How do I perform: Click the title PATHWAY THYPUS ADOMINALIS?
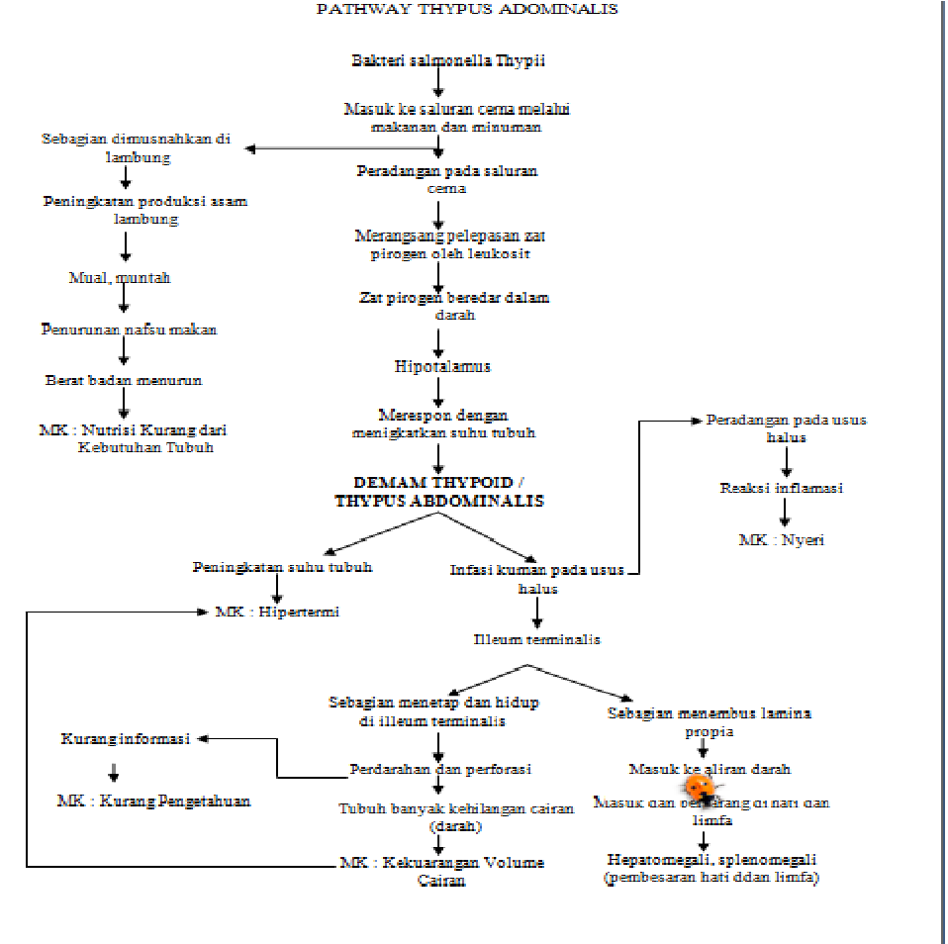pyautogui.click(x=466, y=9)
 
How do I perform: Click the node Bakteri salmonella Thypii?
pyautogui.click(x=448, y=61)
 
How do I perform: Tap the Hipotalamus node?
pyautogui.click(x=441, y=366)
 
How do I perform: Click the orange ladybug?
pyautogui.click(x=700, y=788)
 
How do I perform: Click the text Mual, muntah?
pyautogui.click(x=120, y=278)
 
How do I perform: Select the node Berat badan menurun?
pyautogui.click(x=123, y=380)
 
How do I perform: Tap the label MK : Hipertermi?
pyautogui.click(x=278, y=612)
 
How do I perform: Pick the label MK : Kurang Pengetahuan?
pyautogui.click(x=153, y=801)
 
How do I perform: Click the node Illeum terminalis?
pyautogui.click(x=536, y=639)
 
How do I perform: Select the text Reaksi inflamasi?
pyautogui.click(x=782, y=488)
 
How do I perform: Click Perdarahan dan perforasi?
pyautogui.click(x=440, y=769)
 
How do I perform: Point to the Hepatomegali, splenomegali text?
pyautogui.click(x=711, y=859)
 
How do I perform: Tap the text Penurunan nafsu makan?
pyautogui.click(x=129, y=329)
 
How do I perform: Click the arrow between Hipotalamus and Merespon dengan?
pyautogui.click(x=439, y=390)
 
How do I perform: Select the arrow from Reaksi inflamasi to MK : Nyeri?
pyautogui.click(x=784, y=513)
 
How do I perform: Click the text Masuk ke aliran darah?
pyautogui.click(x=710, y=769)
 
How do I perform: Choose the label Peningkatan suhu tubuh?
pyautogui.click(x=282, y=568)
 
